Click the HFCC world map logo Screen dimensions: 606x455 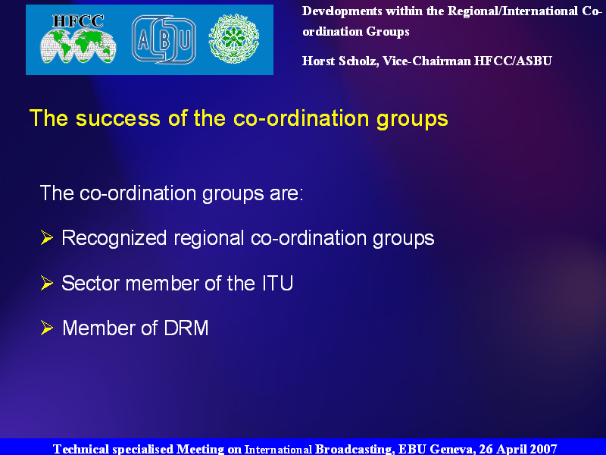pyautogui.click(x=78, y=39)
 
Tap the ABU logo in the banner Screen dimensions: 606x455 pyautogui.click(x=164, y=39)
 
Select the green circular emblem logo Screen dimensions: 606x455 pyautogui.click(x=234, y=39)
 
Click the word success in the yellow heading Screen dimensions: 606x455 pyautogui.click(x=118, y=118)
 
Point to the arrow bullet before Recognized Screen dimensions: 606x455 pyautogui.click(x=47, y=237)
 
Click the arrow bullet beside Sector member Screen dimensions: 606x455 pyautogui.click(x=47, y=283)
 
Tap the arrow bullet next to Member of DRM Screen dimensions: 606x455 pyautogui.click(x=47, y=328)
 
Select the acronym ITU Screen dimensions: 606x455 pyautogui.click(x=277, y=283)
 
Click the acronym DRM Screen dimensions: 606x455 pyautogui.click(x=186, y=328)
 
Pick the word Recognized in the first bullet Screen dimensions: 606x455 pyautogui.click(x=114, y=238)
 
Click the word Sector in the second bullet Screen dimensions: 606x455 pyautogui.click(x=90, y=283)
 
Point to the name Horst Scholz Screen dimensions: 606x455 pyautogui.click(x=340, y=61)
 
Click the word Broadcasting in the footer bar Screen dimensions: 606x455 pyautogui.click(x=355, y=449)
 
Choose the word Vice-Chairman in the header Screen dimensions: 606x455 pyautogui.click(x=426, y=61)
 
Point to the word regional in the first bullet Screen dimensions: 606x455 pyautogui.click(x=209, y=239)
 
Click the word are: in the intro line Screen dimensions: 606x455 pyautogui.click(x=286, y=194)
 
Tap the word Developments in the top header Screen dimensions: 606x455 pyautogui.click(x=342, y=11)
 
